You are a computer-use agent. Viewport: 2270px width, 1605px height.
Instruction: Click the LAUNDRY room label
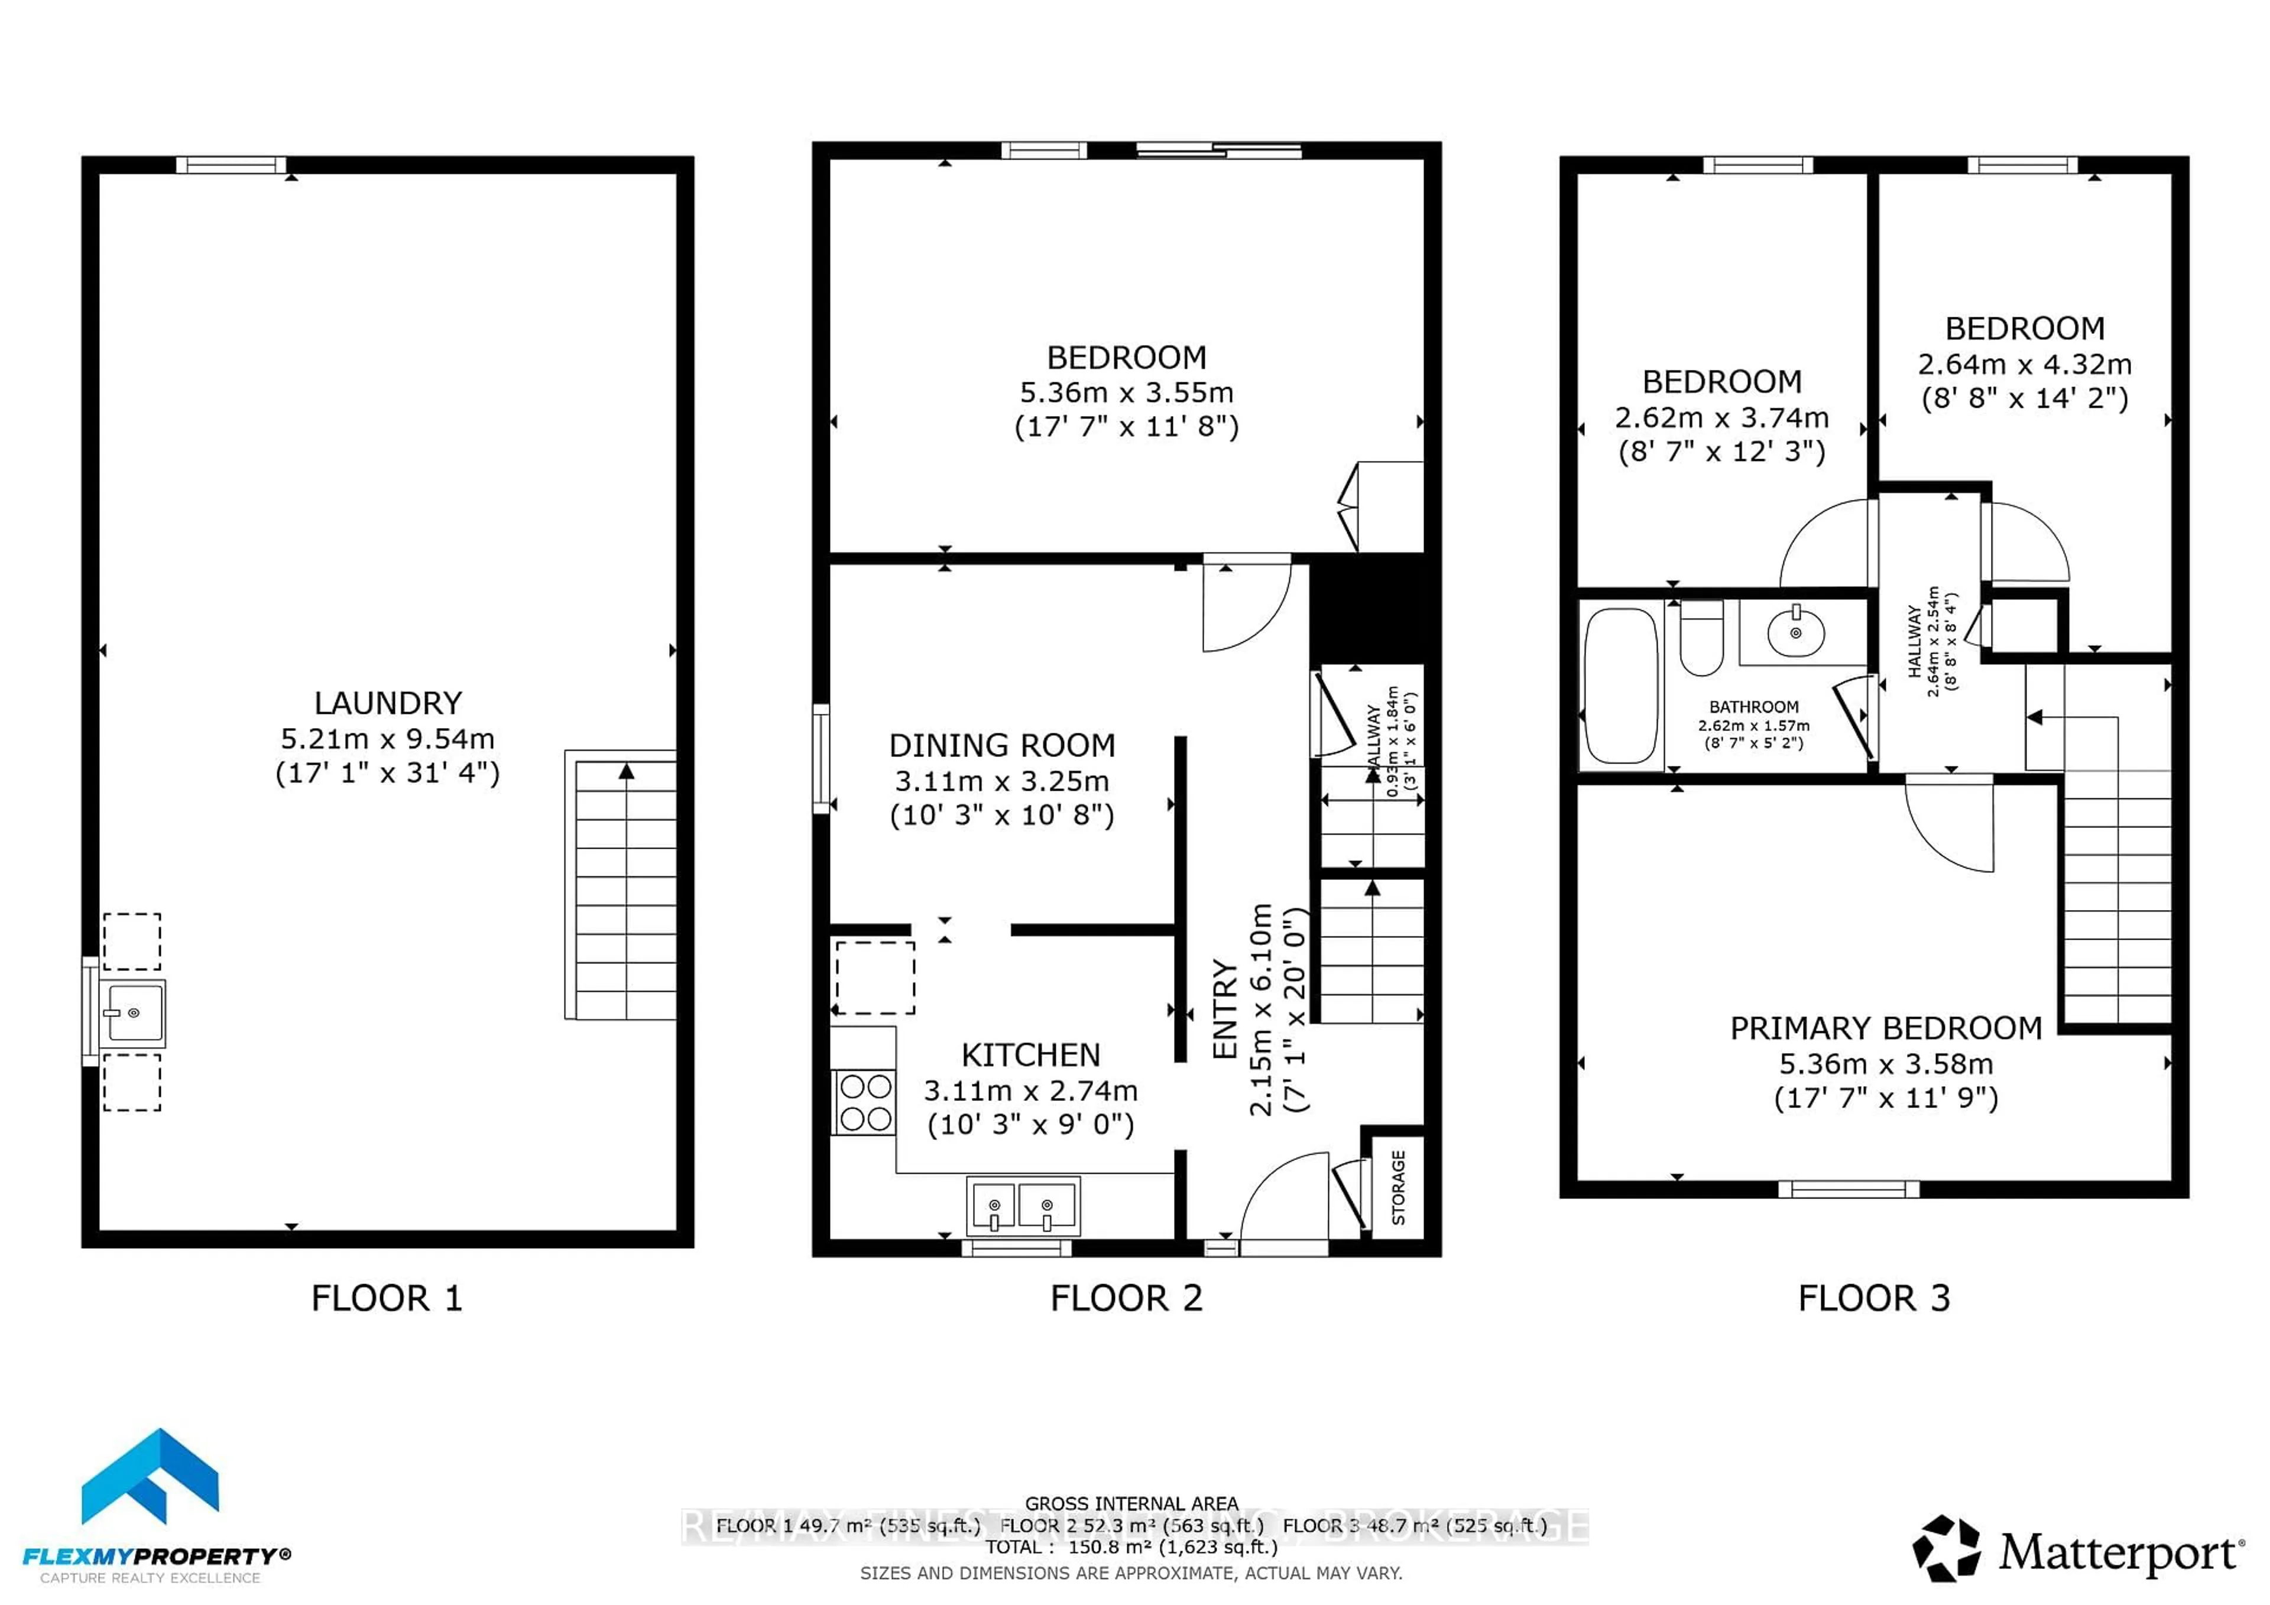click(x=388, y=703)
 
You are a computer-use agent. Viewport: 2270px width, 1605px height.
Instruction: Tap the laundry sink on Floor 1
click(x=134, y=1013)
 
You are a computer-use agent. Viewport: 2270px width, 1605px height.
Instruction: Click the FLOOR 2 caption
click(x=1126, y=1298)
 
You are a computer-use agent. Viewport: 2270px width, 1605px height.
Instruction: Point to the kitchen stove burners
click(x=865, y=1102)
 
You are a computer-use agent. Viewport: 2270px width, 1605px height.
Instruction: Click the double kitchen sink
click(x=1022, y=1206)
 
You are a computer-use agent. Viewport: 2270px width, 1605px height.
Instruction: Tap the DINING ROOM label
click(x=1001, y=745)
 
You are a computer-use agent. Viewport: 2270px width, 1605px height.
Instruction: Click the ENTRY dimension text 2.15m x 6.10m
click(x=1260, y=1010)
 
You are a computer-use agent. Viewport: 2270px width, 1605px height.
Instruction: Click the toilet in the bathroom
click(x=1701, y=638)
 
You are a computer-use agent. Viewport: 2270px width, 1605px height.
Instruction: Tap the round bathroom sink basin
click(x=1795, y=632)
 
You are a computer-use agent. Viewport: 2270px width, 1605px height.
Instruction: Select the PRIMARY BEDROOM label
click(x=1885, y=1028)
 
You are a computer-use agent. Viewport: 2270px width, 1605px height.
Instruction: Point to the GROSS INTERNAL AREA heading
click(x=1131, y=1503)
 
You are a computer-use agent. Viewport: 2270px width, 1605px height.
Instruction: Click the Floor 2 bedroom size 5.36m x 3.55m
click(x=1126, y=392)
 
